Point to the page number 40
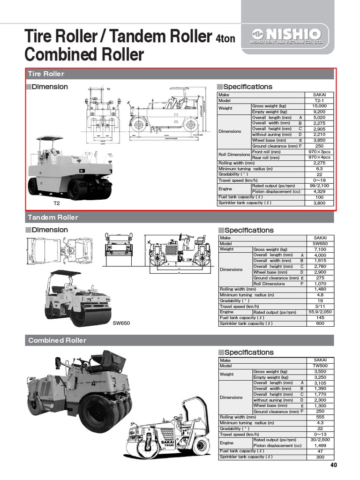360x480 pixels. pyautogui.click(x=333, y=465)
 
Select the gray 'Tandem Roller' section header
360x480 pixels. pyautogui.click(x=180, y=217)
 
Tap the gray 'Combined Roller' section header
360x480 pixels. pyautogui.click(x=180, y=340)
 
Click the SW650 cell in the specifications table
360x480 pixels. pyautogui.click(x=320, y=244)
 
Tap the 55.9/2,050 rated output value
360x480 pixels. pyautogui.click(x=320, y=312)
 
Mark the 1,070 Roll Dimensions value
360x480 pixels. pyautogui.click(x=320, y=284)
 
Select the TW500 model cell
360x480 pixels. pyautogui.click(x=320, y=366)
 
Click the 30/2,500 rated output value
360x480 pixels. pyautogui.click(x=320, y=440)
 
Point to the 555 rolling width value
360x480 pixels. pyautogui.click(x=320, y=417)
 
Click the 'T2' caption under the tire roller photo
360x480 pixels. pyautogui.click(x=57, y=204)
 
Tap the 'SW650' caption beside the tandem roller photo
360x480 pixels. pyautogui.click(x=120, y=323)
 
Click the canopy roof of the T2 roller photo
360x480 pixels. pyautogui.click(x=49, y=138)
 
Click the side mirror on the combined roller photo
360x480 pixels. pyautogui.click(x=58, y=362)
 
